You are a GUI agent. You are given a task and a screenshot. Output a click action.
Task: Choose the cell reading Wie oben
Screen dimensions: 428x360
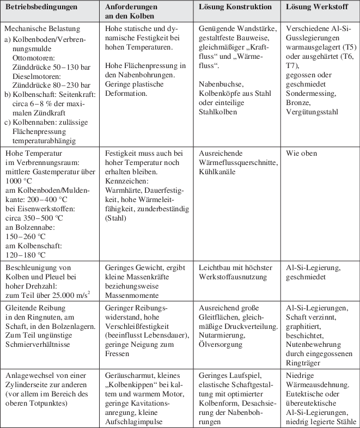tap(301, 153)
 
